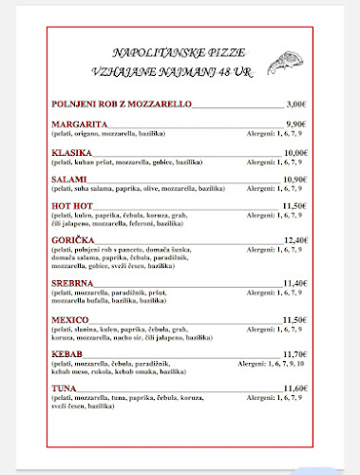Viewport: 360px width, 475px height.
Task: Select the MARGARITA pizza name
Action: click(80, 124)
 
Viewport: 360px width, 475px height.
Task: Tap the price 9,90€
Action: click(296, 124)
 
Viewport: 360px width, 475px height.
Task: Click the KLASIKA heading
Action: click(73, 153)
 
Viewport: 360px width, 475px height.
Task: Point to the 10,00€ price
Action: click(295, 153)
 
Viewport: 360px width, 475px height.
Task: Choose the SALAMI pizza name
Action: click(70, 180)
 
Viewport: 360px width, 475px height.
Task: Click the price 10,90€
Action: click(295, 180)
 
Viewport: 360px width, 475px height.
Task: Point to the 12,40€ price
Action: click(295, 240)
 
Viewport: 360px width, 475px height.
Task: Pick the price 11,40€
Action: click(295, 283)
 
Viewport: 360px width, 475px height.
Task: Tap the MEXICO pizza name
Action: click(72, 319)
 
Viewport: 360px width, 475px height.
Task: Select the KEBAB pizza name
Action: click(70, 353)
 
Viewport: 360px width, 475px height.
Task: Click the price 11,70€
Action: click(295, 353)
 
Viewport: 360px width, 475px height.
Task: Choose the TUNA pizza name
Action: click(66, 389)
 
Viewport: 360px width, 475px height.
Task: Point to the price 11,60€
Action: click(295, 389)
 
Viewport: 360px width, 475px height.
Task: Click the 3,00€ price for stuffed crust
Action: click(297, 104)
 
